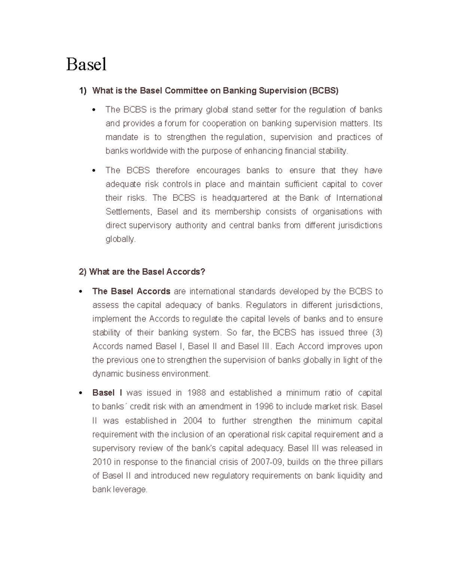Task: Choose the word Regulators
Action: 266,305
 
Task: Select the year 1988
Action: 196,393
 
